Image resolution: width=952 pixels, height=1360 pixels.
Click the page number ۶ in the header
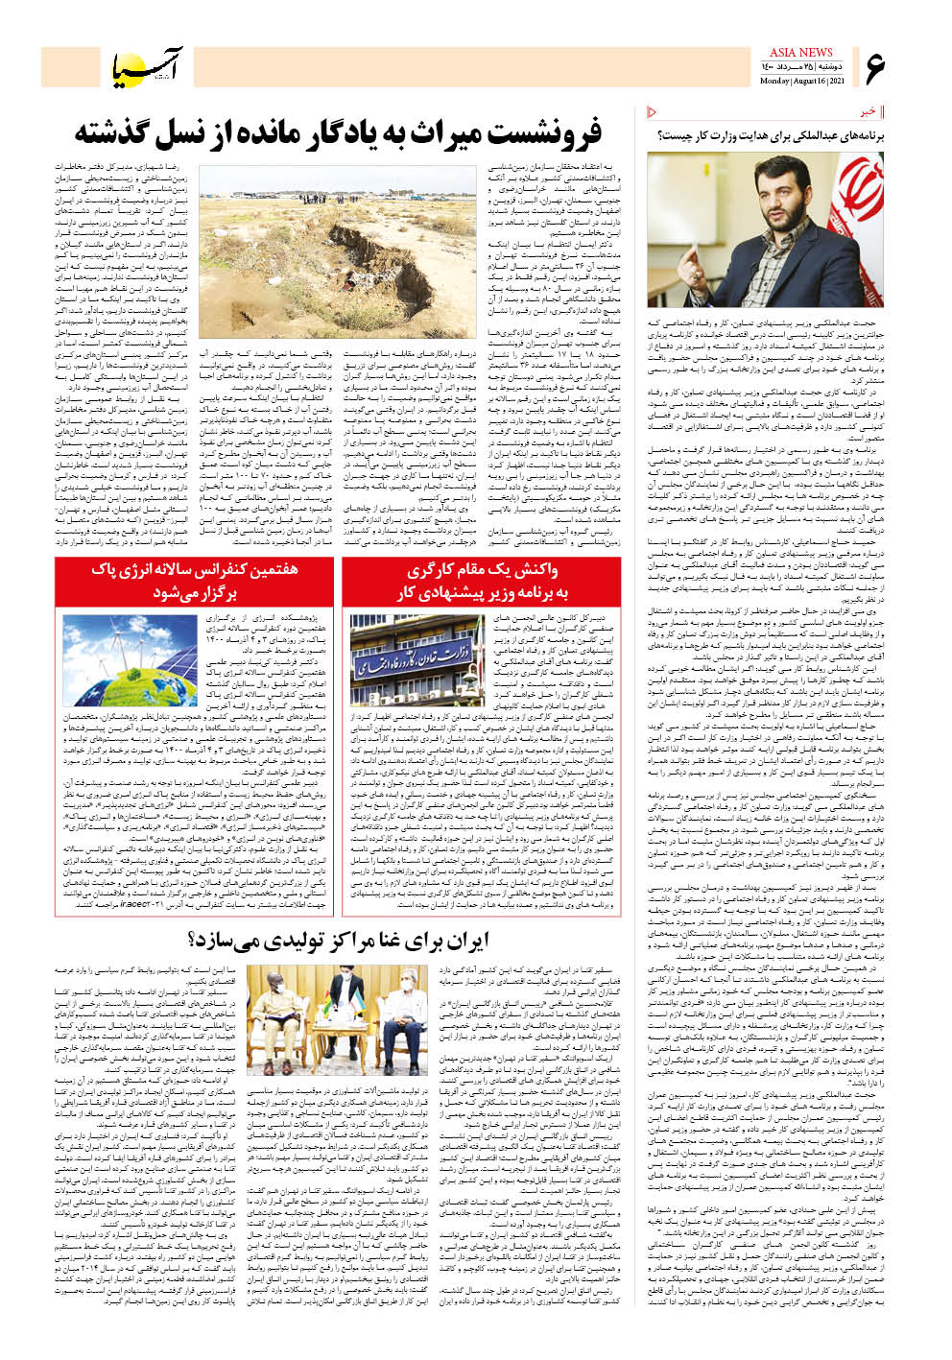coord(875,68)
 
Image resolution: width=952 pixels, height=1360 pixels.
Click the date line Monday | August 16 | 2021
coord(801,81)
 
